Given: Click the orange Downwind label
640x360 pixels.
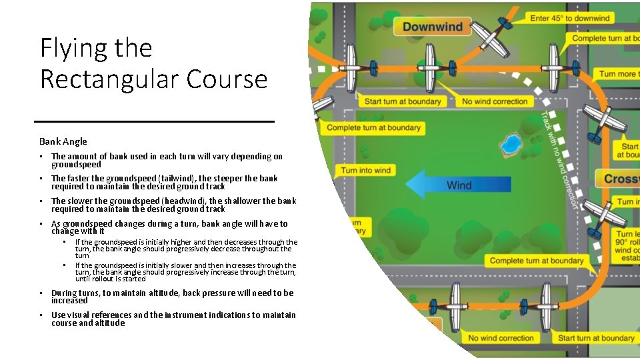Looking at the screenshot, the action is tap(433, 27).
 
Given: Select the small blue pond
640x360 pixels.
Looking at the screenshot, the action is tap(511, 144).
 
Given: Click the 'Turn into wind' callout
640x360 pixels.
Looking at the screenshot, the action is tap(366, 171).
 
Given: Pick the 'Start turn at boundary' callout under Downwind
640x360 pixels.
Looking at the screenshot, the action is tap(403, 101).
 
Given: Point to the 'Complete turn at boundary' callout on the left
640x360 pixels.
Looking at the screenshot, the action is tap(374, 127).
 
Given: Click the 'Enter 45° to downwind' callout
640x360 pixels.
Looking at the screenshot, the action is tap(570, 18).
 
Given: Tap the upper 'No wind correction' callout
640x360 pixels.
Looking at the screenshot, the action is tap(495, 101).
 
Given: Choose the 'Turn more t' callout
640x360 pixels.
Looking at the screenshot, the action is tap(617, 73).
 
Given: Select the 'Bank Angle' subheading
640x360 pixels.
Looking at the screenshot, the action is tap(63, 141).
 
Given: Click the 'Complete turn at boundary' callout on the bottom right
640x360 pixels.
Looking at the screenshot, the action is tap(536, 261).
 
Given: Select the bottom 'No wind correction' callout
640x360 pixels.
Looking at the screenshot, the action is tap(501, 338).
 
